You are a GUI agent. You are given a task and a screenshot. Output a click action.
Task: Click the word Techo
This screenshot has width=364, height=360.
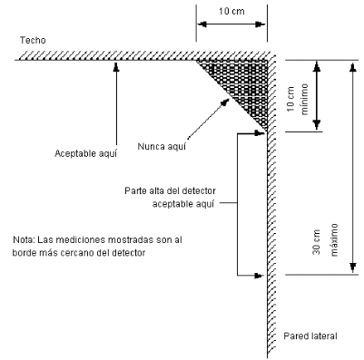(33, 40)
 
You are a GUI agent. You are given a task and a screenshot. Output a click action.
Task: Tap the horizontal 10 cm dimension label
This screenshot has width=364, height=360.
(231, 12)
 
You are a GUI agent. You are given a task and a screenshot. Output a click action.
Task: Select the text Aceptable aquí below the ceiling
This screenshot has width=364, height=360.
(85, 153)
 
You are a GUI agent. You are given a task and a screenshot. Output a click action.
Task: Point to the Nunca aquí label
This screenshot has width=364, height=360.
(162, 146)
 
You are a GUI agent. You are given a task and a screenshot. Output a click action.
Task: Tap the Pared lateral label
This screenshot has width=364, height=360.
(310, 336)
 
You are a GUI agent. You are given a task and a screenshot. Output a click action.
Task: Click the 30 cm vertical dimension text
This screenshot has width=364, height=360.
(316, 242)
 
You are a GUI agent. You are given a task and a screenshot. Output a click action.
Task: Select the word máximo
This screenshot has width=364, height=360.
(334, 239)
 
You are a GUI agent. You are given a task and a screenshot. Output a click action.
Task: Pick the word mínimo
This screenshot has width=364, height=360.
(304, 99)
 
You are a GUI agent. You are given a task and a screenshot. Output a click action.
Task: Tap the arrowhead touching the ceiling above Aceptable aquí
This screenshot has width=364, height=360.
(116, 66)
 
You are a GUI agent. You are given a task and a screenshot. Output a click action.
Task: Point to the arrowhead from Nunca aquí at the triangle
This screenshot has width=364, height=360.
(224, 102)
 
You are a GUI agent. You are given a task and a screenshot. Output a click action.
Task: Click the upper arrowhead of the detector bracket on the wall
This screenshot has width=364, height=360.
(259, 133)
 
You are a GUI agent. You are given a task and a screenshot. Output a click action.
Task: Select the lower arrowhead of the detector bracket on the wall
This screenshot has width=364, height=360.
(259, 276)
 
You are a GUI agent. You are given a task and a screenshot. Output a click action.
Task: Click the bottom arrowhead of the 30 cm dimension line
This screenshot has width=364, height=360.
(352, 268)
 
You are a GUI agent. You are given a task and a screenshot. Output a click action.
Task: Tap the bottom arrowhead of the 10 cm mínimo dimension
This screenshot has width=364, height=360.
(317, 125)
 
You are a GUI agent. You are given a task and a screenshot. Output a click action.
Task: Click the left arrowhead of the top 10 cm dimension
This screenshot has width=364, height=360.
(202, 24)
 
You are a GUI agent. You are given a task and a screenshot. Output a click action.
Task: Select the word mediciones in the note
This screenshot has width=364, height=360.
(80, 239)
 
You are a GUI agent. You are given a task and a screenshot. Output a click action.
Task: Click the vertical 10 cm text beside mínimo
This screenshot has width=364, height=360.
(290, 99)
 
